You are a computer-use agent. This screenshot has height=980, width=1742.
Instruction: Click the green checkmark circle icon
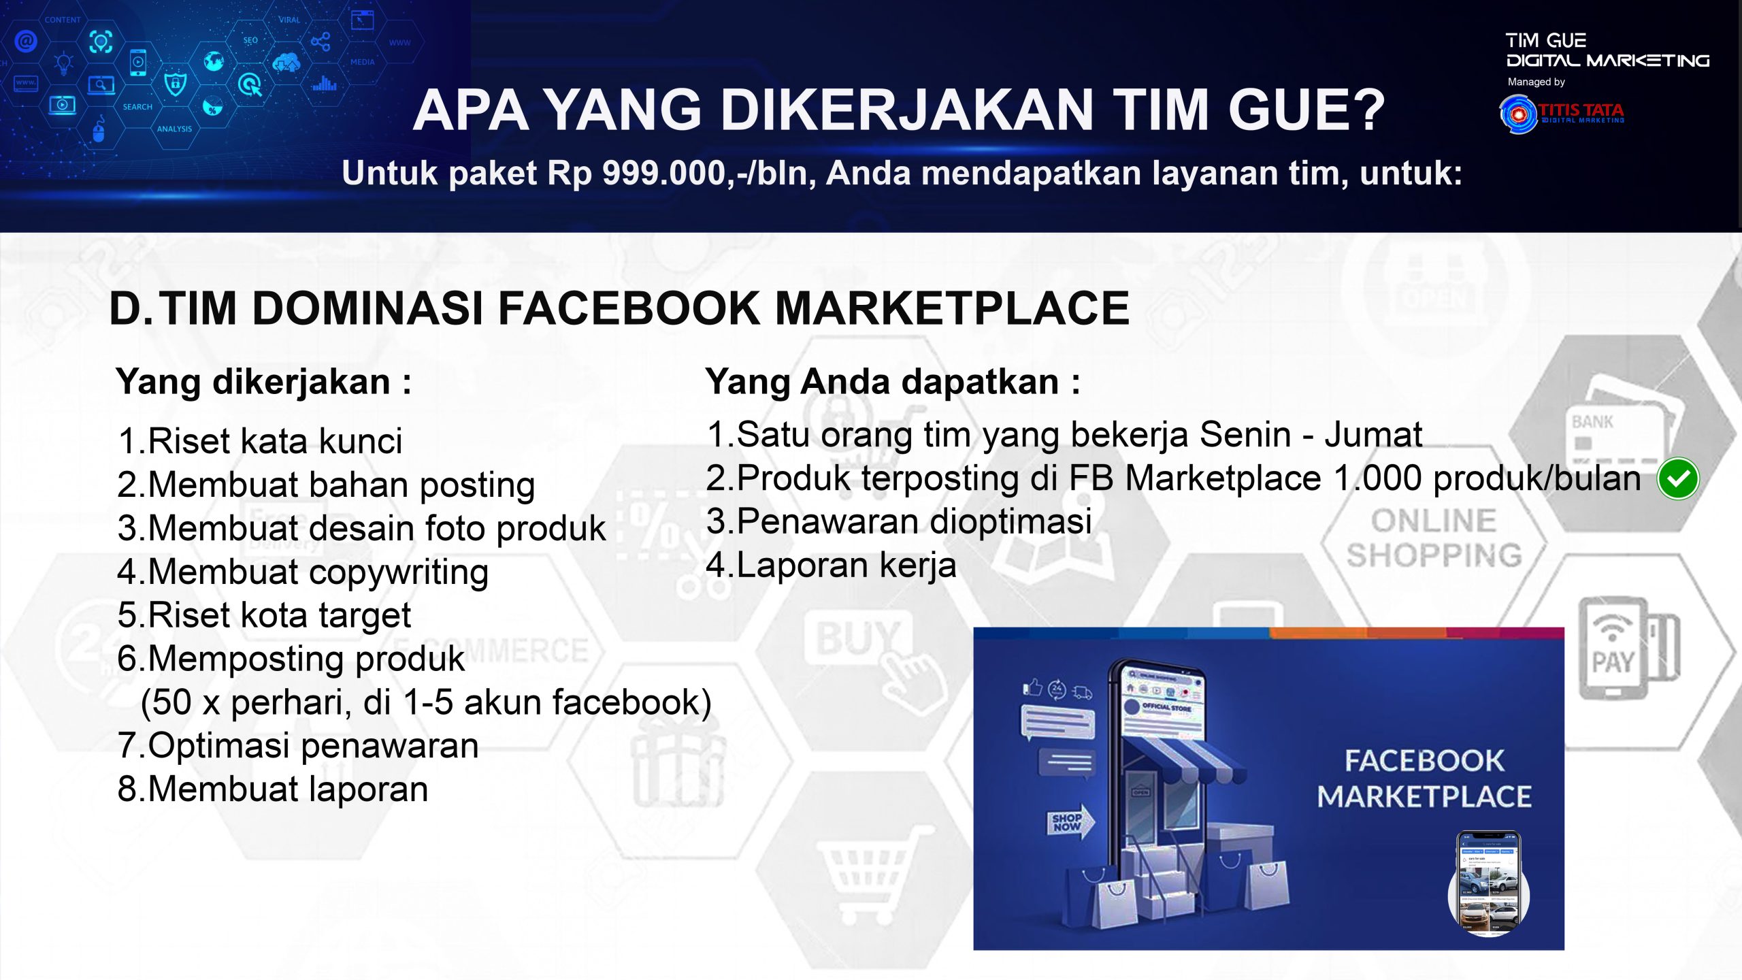(1678, 478)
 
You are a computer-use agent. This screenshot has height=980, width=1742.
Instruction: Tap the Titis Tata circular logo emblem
(1518, 114)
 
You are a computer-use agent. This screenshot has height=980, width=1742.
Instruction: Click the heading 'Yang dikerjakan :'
(263, 382)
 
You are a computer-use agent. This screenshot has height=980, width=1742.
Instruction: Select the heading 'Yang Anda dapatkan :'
(892, 382)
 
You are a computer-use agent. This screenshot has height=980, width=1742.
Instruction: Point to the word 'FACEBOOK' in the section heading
(629, 308)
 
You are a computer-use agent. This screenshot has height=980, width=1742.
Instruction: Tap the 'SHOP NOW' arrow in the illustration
(1070, 822)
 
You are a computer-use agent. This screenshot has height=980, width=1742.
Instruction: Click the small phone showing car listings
(1488, 883)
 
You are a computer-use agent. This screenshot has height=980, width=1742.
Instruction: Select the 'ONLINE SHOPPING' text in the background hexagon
(1434, 538)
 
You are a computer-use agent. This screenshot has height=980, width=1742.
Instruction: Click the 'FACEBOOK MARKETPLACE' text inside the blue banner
(1424, 779)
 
